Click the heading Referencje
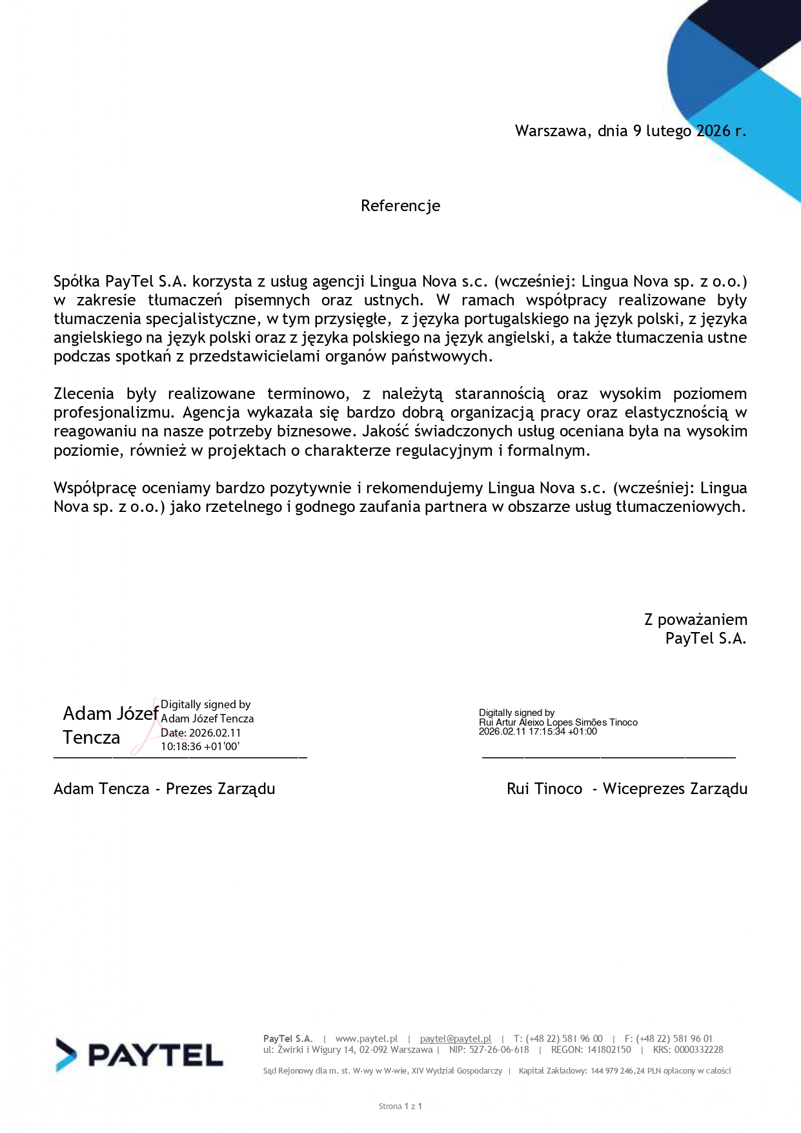tap(400, 206)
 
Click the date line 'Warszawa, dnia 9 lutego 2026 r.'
tap(630, 131)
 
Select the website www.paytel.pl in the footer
tap(366, 1039)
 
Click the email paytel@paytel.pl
tap(455, 1039)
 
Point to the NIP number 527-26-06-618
tap(499, 1050)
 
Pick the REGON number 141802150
tap(609, 1050)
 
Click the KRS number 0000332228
tap(698, 1050)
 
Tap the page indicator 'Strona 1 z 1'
tap(400, 1106)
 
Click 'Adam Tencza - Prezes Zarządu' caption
tap(164, 789)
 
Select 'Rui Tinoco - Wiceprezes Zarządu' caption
tap(627, 789)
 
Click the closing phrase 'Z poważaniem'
tap(695, 620)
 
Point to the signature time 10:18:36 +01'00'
tap(200, 746)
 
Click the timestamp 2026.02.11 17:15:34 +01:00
tap(538, 731)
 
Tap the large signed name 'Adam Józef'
tap(110, 713)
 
